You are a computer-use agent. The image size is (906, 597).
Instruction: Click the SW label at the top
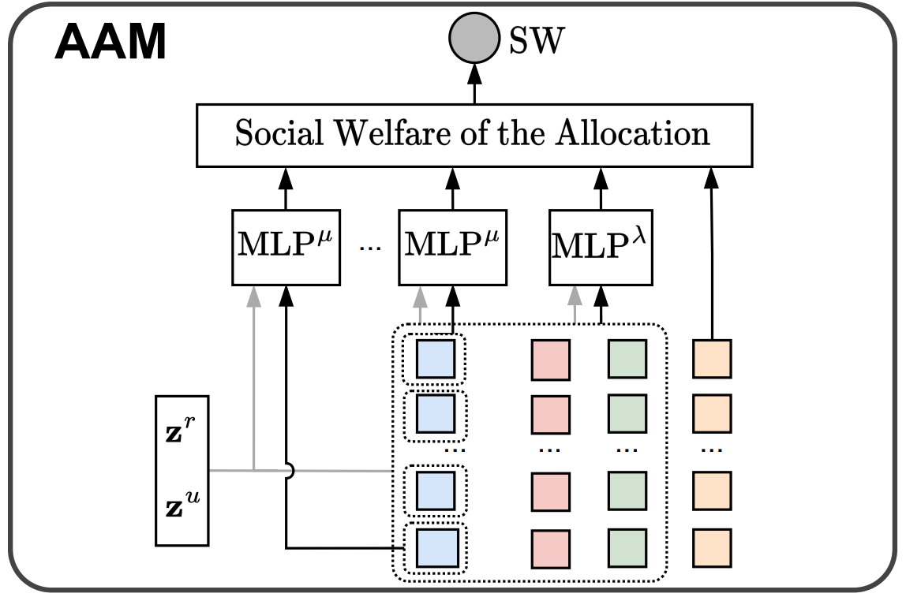(537, 41)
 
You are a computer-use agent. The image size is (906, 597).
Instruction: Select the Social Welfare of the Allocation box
(474, 134)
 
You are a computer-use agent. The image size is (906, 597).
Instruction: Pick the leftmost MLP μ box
(286, 247)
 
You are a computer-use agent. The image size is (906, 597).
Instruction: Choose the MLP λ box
(601, 247)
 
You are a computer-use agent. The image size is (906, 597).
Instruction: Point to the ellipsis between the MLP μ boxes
(369, 248)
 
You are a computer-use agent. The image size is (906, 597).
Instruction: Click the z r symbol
(182, 432)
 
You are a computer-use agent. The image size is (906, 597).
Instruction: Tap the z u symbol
(182, 499)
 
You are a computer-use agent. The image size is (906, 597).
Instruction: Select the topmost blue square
(436, 359)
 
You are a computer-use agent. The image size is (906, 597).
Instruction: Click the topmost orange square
(712, 359)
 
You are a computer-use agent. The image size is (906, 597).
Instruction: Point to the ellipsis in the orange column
(712, 451)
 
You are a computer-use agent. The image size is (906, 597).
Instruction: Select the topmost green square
(627, 359)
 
